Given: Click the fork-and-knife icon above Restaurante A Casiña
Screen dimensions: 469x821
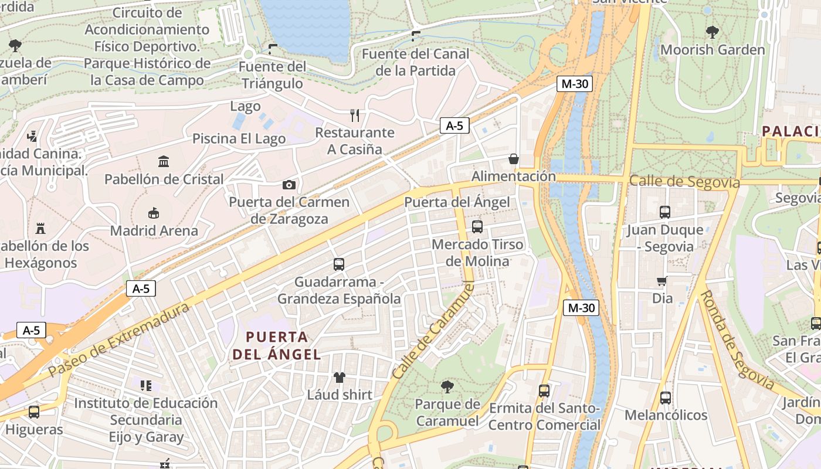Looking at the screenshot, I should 354,115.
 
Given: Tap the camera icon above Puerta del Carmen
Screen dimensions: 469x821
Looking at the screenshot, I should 289,185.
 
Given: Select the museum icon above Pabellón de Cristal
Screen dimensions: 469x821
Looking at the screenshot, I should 164,161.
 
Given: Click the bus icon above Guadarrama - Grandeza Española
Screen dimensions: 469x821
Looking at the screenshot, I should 339,264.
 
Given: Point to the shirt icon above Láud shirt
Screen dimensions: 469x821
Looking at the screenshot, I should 340,377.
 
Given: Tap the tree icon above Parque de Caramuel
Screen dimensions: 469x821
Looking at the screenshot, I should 447,386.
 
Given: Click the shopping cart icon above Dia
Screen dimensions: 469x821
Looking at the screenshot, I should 662,281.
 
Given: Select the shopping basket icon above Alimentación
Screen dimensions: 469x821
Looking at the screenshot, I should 514,159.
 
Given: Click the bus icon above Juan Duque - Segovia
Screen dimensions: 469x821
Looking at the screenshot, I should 664,212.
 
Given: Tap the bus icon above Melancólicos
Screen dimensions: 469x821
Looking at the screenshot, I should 666,398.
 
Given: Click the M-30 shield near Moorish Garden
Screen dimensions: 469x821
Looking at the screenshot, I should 575,84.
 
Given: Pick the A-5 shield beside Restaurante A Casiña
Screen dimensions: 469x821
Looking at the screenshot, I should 454,125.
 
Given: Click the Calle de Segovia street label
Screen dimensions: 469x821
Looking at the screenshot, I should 684,182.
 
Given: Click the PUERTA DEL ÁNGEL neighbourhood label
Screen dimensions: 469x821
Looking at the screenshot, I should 277,345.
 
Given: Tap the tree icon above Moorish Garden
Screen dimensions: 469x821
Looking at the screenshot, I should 713,32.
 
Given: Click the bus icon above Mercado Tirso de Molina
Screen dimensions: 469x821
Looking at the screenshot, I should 477,226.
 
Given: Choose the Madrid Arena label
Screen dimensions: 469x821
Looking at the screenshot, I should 154,230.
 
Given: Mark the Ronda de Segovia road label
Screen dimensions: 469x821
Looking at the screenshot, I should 737,340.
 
